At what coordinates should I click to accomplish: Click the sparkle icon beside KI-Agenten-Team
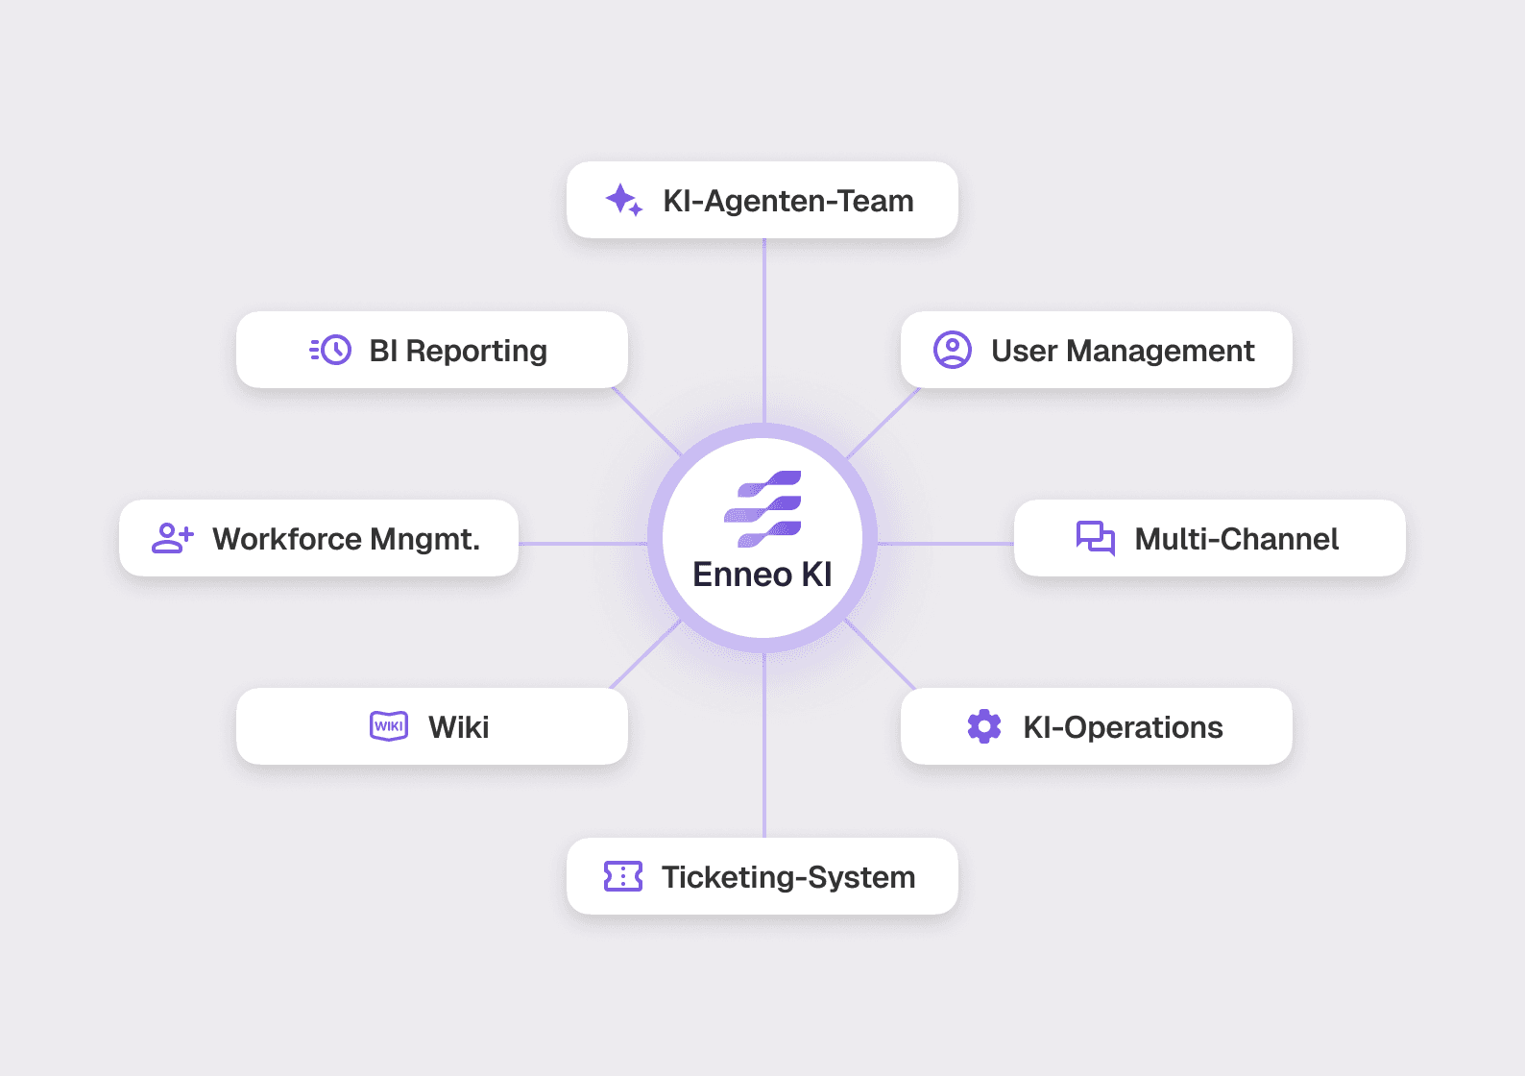623,200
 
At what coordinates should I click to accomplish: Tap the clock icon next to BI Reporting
331,350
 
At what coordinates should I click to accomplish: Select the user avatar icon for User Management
953,350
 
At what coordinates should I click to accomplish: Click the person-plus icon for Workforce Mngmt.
173,538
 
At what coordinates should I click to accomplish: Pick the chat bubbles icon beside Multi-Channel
1096,538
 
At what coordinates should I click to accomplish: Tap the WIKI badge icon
389,726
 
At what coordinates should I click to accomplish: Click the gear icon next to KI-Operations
984,726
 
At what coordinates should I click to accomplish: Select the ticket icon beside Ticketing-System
623,876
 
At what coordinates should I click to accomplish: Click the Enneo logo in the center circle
762,509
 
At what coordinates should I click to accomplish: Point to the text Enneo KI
762,575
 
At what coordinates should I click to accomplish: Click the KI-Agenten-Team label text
788,201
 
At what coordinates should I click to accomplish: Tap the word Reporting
476,352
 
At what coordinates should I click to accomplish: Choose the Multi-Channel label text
1236,539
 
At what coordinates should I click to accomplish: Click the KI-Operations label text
1123,727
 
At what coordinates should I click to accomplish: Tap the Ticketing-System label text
788,877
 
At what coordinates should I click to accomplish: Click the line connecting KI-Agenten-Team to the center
764,327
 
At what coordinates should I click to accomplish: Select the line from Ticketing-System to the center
764,749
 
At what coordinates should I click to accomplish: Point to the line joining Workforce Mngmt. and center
582,544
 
